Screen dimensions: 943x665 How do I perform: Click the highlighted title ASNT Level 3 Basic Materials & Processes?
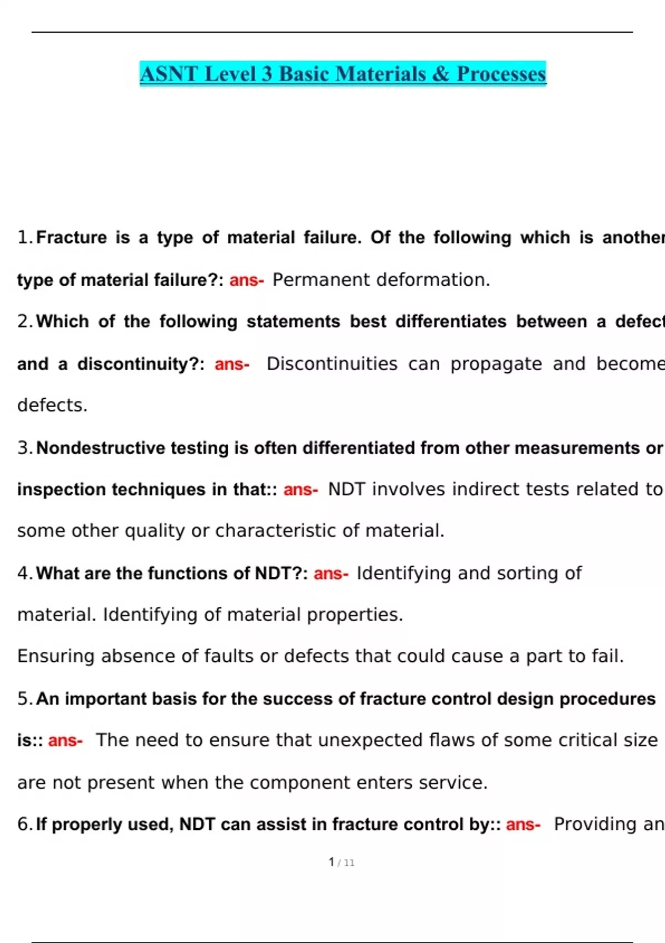pos(342,74)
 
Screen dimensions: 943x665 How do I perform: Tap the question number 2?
pos(25,322)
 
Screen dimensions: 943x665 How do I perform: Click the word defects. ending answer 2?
pos(53,405)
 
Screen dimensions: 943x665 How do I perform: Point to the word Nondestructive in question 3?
pos(100,448)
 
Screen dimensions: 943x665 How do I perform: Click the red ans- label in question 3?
pos(300,490)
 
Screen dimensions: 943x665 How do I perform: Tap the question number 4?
pos(25,574)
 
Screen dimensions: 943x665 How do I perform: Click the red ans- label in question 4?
pos(331,574)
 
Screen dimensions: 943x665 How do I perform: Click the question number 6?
pos(25,825)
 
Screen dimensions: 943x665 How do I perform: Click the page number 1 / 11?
pos(341,863)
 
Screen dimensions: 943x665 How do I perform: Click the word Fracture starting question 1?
pos(71,238)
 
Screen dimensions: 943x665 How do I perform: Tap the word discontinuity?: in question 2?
pos(141,364)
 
